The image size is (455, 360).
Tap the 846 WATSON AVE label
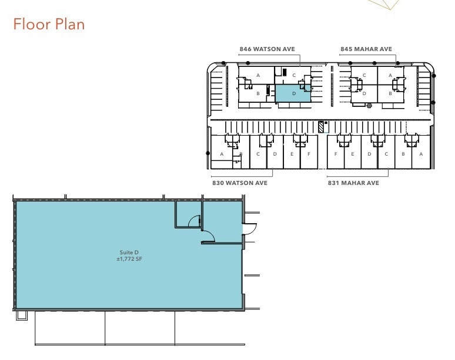click(x=267, y=49)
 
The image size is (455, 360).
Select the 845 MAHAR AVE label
click(x=367, y=49)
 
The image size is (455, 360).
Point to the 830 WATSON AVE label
click(x=240, y=183)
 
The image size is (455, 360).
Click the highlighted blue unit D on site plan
click(x=292, y=93)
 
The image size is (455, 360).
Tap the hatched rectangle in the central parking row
click(x=321, y=126)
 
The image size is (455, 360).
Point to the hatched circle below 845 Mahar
click(x=369, y=106)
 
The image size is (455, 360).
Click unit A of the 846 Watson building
click(x=257, y=75)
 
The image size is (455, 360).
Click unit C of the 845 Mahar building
click(x=365, y=75)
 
